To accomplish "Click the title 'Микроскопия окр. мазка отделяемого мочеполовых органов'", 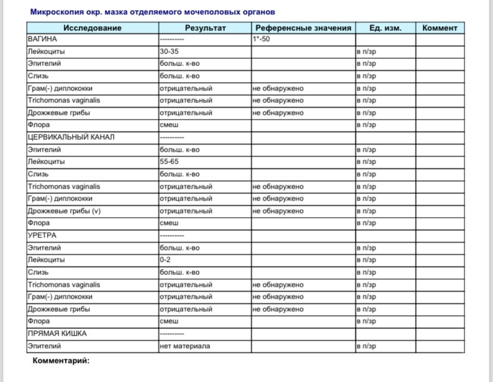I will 153,12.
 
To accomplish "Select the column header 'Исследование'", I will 92,28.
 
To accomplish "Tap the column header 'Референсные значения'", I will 303,28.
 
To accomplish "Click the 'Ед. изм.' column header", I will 385,28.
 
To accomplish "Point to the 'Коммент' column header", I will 439,28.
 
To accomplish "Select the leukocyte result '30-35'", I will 169,51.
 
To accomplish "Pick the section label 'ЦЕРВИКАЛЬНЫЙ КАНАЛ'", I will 71,137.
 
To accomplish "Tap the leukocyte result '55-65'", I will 169,162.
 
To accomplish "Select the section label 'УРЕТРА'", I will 42,236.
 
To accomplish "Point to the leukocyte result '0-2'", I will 166,260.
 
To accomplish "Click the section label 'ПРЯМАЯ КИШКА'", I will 57,334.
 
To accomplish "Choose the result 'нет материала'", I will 185,346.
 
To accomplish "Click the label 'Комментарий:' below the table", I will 61,361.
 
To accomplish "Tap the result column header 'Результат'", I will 205,28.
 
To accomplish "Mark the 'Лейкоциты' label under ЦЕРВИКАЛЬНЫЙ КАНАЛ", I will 46,162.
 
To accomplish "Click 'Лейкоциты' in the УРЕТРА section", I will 46,260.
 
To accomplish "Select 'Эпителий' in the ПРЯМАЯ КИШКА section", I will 44,346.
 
